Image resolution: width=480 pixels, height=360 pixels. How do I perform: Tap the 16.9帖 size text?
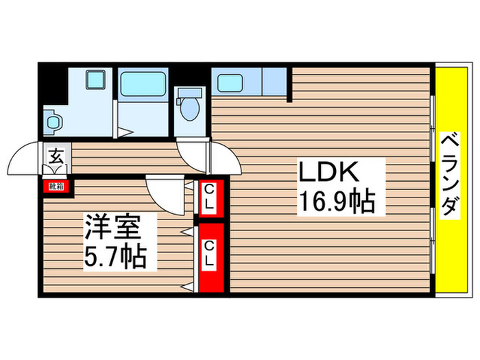[x=335, y=202]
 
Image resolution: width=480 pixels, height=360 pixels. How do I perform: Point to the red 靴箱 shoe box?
[x=56, y=185]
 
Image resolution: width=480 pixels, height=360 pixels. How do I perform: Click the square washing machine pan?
[x=94, y=81]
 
